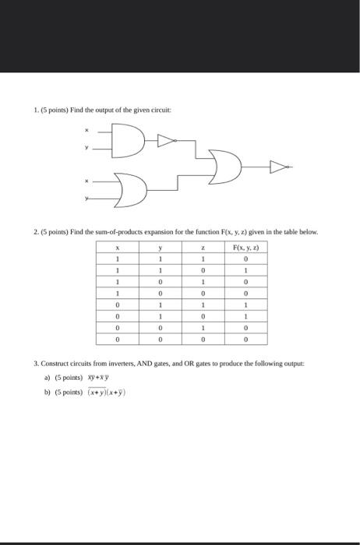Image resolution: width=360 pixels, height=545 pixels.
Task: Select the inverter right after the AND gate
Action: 166,140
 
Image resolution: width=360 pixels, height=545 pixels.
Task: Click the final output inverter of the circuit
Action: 279,166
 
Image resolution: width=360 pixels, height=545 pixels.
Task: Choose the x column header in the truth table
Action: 116,247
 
